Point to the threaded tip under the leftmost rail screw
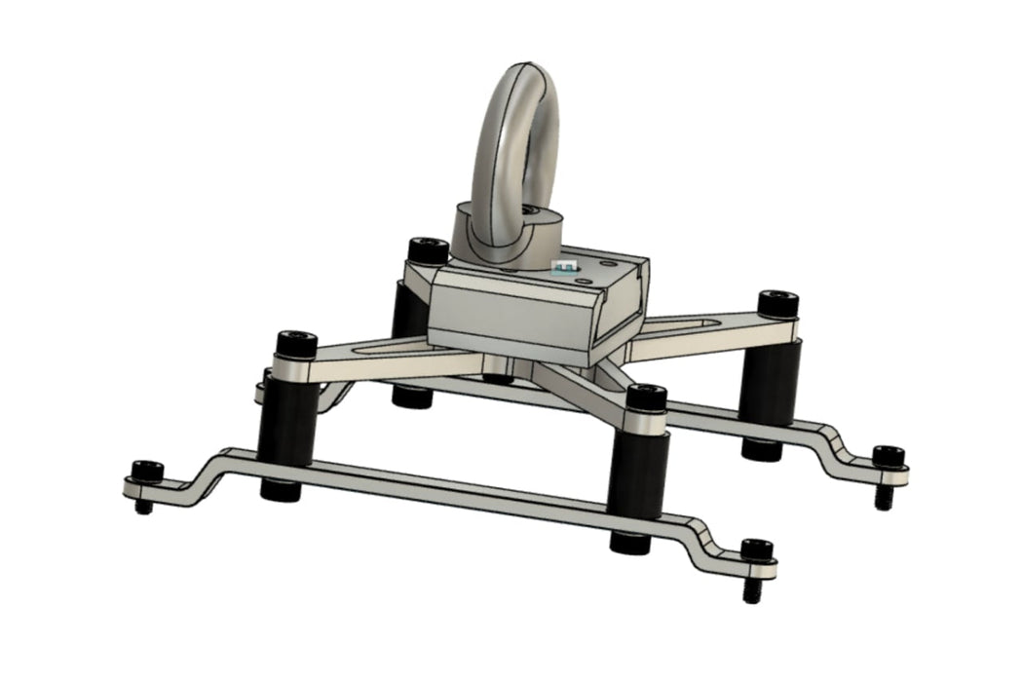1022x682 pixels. (143, 507)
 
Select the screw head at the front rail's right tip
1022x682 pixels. (756, 550)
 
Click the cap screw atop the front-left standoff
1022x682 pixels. (296, 344)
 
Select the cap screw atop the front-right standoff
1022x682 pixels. (646, 398)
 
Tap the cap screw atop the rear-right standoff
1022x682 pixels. (777, 303)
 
